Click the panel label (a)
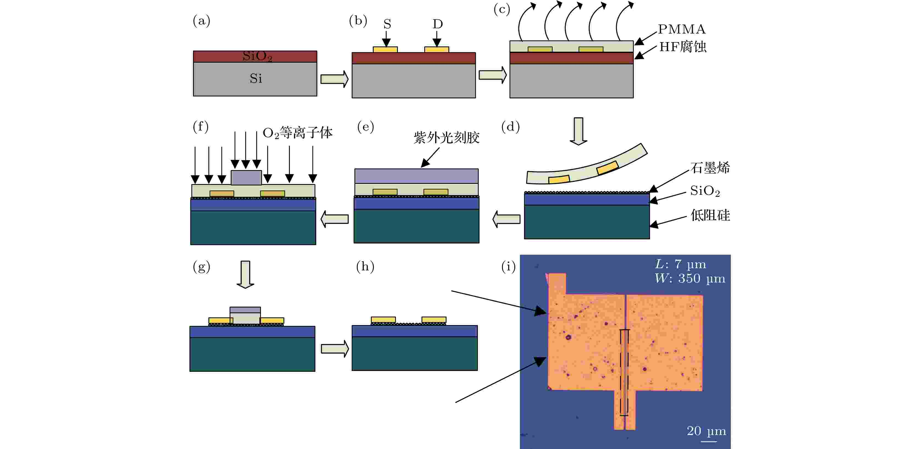tap(202, 21)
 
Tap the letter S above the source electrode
tap(387, 24)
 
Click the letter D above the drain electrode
tap(438, 24)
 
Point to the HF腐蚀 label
tap(682, 47)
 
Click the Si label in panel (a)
tap(256, 78)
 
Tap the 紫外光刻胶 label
tap(447, 137)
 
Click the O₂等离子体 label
tap(298, 133)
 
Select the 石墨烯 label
tap(710, 168)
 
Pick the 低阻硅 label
tap(710, 215)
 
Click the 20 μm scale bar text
tap(706, 431)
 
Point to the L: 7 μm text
tap(680, 264)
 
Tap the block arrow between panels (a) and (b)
tap(334, 79)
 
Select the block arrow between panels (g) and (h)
tap(335, 349)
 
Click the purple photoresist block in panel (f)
tap(246, 178)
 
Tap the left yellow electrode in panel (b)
tap(385, 50)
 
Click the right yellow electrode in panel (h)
tap(434, 320)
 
